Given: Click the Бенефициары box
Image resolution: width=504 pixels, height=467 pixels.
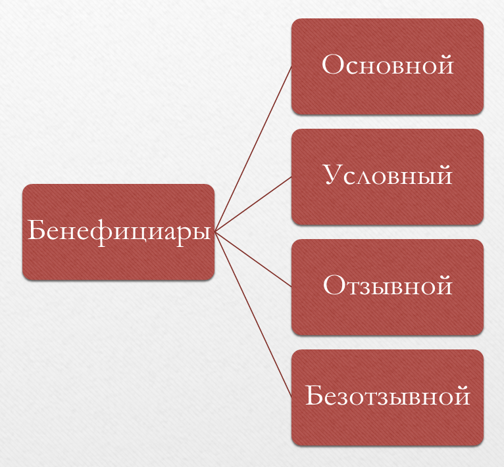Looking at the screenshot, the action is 118,232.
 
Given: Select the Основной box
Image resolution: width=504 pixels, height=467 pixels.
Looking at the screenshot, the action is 388,66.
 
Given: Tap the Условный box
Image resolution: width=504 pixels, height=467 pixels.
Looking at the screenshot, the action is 388,177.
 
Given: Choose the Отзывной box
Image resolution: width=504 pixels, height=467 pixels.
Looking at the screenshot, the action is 388,287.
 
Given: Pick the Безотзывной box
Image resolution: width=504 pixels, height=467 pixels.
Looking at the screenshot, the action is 388,397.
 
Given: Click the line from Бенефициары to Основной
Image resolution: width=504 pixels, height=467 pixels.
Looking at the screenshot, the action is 253,149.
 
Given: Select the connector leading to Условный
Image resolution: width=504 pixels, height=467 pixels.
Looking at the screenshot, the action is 253,204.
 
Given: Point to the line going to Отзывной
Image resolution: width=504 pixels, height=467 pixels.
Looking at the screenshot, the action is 253,259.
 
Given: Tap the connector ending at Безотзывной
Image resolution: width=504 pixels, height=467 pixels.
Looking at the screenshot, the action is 253,315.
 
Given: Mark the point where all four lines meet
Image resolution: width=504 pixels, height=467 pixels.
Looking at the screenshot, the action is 214,232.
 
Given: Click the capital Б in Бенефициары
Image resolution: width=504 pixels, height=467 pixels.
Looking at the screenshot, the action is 36,230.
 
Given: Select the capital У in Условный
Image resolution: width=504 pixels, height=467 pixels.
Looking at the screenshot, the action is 334,175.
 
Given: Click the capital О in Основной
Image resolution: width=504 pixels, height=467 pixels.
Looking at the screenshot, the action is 333,64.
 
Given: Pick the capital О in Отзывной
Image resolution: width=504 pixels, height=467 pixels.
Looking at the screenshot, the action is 334,285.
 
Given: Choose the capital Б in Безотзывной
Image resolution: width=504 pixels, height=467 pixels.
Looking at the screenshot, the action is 314,395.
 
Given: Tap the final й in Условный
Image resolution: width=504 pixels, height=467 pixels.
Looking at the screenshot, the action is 445,174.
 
